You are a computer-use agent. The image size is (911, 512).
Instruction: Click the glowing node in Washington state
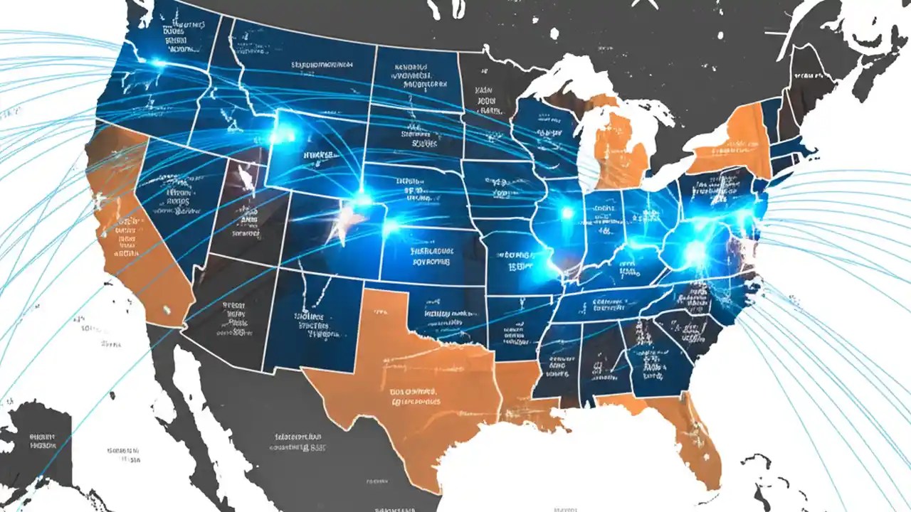click(157, 64)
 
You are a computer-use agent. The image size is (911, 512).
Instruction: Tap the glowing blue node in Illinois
click(567, 212)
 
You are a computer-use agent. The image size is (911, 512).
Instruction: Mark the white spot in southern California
click(167, 309)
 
